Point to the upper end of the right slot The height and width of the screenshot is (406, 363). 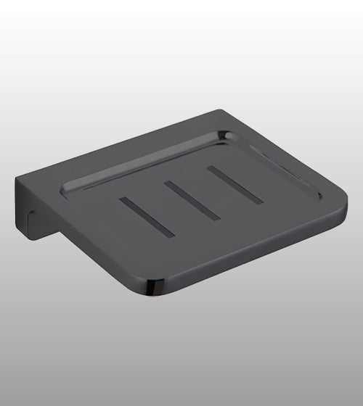pyautogui.click(x=210, y=169)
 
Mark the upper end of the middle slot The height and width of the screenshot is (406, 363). pyautogui.click(x=166, y=183)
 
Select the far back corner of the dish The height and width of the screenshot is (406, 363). pyautogui.click(x=219, y=111)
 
